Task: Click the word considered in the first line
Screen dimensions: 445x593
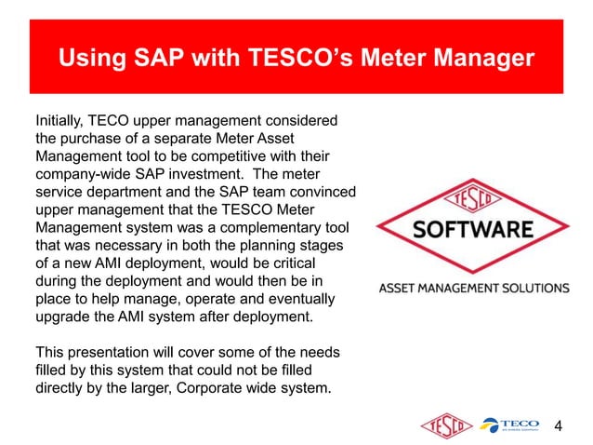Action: pyautogui.click(x=299, y=120)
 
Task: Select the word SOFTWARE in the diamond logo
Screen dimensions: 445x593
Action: pyautogui.click(x=473, y=229)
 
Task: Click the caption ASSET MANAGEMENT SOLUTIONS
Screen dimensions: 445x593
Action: pyautogui.click(x=473, y=288)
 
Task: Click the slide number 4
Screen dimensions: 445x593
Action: pyautogui.click(x=559, y=426)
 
